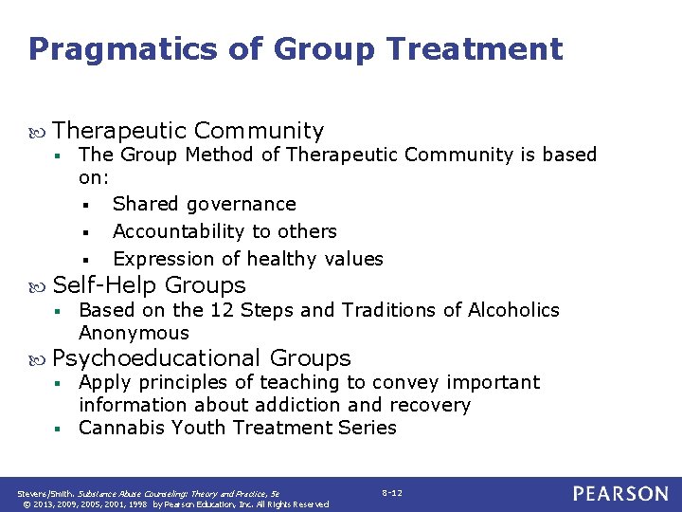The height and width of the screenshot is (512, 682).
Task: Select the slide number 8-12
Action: (x=392, y=493)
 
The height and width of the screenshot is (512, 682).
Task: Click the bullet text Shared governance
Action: (x=204, y=204)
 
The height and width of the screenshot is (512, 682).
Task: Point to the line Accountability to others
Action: (x=224, y=231)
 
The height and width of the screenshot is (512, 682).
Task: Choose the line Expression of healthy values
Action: (x=248, y=259)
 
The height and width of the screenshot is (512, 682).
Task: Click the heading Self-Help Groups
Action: (x=150, y=285)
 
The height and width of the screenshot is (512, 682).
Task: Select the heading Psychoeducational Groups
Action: (x=202, y=358)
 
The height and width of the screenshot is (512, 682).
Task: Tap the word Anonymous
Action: (x=134, y=333)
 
